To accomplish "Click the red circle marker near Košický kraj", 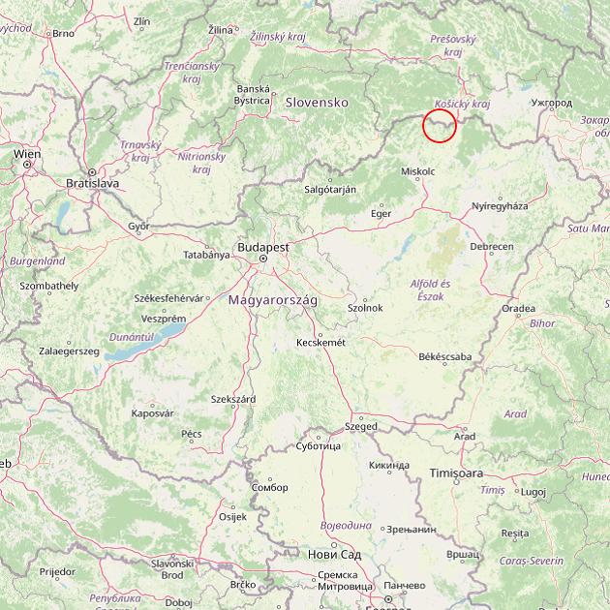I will (440, 126).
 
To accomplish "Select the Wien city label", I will (27, 153).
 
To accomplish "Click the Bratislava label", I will (92, 182).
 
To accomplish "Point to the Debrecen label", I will (492, 247).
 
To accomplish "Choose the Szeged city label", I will (361, 426).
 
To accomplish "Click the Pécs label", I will (192, 434).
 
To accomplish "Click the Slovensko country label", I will (316, 102).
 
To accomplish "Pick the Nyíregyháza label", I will (500, 206).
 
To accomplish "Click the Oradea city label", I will (518, 309).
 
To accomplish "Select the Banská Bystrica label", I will (253, 94).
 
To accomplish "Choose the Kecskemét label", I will (320, 342).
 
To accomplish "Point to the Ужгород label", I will (552, 102).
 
